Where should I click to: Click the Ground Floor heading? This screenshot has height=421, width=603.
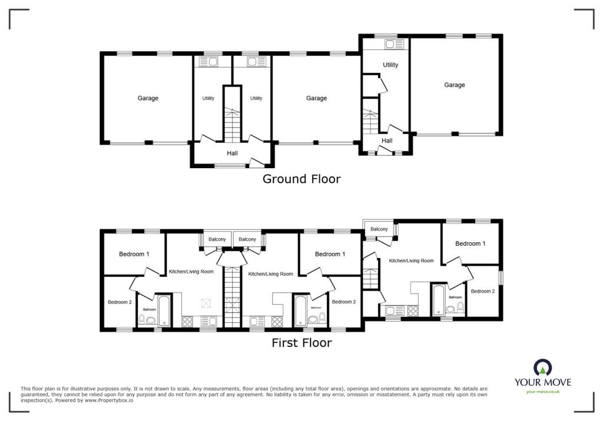301,179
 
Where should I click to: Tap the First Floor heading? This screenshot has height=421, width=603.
301,342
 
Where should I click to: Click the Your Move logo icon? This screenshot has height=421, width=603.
542,368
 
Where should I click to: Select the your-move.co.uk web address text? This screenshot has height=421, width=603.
542,392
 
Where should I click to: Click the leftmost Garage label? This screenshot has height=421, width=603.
148,98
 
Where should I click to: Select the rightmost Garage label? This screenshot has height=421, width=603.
455,85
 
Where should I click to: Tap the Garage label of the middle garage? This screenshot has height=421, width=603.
316,98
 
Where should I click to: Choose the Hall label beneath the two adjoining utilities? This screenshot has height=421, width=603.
233,153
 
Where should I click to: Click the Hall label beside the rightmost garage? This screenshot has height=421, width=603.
387,141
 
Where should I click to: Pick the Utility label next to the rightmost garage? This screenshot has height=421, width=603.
390,65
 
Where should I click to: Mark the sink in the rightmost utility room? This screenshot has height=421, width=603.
393,44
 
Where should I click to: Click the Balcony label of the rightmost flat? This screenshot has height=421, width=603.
379,229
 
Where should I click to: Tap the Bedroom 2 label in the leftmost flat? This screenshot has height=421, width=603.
120,302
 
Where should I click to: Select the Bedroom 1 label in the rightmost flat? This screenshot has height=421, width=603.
471,243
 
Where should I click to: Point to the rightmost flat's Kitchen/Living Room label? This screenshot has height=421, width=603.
411,260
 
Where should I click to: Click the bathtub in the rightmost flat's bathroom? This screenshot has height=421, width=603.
438,300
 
